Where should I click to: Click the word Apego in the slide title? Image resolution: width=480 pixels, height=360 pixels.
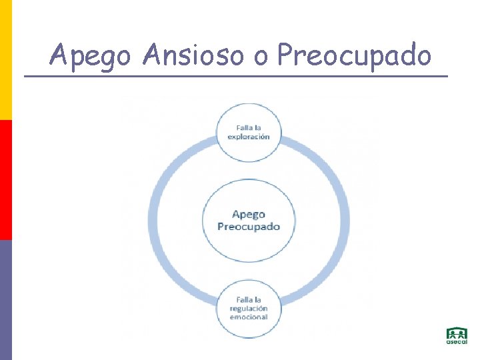[90, 55]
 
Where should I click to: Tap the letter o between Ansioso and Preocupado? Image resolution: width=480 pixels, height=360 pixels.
[260, 57]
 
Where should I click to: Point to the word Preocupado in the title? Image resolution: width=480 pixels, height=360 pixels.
[354, 55]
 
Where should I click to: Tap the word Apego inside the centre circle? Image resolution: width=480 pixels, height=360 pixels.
[249, 214]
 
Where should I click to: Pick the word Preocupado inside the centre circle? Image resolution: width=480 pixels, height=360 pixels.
[249, 226]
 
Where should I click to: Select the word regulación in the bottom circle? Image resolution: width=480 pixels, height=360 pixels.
[249, 309]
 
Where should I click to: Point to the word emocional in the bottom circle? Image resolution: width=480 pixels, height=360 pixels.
[249, 317]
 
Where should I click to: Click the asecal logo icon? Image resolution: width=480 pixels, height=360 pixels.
[457, 333]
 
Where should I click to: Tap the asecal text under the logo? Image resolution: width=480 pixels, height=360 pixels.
[457, 342]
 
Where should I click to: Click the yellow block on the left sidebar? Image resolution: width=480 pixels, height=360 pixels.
[5, 60]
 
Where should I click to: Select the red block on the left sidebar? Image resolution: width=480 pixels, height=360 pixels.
[5, 180]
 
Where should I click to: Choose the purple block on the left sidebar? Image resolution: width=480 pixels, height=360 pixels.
[5, 300]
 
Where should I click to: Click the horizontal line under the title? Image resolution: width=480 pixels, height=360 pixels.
[236, 76]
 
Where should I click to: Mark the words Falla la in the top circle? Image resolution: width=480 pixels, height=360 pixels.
[249, 127]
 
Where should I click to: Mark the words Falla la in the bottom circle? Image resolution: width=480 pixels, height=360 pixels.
[249, 300]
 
